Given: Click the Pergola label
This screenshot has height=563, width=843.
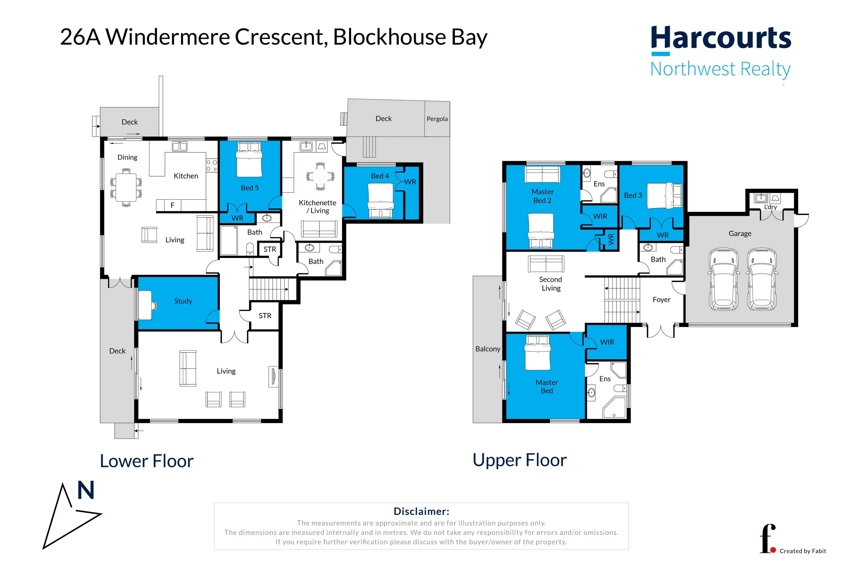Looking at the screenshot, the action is tap(437, 119).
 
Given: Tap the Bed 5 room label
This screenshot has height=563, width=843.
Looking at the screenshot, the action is tap(250, 188).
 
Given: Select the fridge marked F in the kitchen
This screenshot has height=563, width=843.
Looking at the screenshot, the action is tap(173, 205).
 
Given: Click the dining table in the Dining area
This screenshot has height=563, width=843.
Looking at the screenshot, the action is tap(126, 187).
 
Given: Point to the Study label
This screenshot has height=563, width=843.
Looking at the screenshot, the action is tap(183, 301).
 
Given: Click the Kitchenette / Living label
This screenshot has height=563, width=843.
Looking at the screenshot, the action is tap(318, 207).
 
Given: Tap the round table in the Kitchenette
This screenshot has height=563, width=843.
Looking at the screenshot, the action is tap(320, 176).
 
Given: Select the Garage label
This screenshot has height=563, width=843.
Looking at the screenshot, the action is tap(739, 233).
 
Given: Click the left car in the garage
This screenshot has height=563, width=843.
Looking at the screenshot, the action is tap(723, 279).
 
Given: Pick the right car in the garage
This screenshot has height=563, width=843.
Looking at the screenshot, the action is tap(762, 279).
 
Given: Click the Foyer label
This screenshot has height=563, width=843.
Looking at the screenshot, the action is tap(661, 299).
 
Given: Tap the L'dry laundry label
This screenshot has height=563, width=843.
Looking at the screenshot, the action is tap(771, 207).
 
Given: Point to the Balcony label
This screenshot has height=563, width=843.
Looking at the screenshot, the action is tap(488, 349).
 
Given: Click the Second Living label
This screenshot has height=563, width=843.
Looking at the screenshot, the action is tap(551, 284).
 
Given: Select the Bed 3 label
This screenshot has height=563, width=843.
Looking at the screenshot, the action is tap(633, 195).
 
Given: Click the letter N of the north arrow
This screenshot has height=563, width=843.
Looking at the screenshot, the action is tap(86, 490).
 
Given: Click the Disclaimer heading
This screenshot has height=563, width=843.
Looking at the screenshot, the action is tap(421, 511).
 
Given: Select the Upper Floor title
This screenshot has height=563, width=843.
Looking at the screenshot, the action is tap(520, 460).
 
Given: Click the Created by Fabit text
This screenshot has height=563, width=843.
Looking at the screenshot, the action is tap(803, 551).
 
